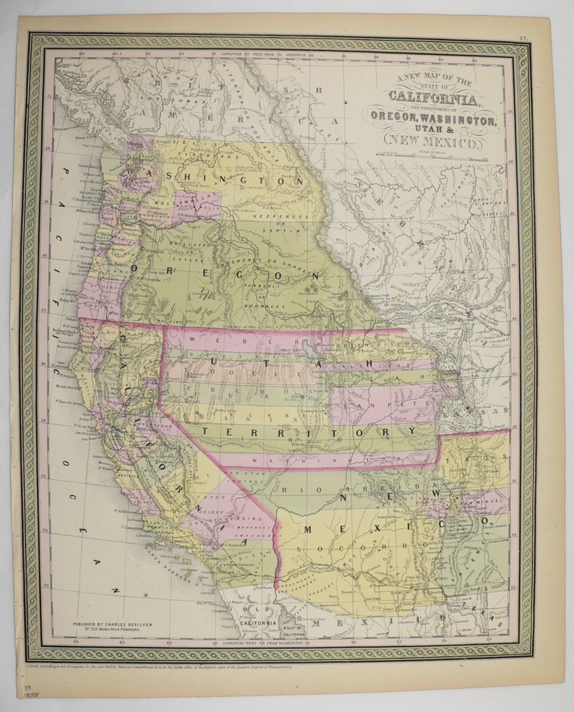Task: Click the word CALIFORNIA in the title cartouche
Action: coord(433,98)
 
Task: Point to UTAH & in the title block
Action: coord(433,130)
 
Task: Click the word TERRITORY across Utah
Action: coord(307,432)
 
